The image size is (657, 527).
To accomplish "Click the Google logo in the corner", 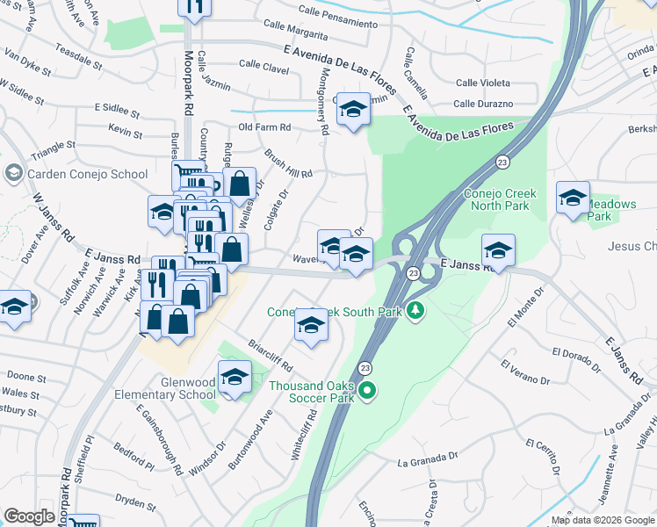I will click(x=29, y=516).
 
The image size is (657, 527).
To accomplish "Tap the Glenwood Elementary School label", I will click(x=165, y=388).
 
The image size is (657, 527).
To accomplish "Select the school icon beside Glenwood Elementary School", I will click(x=235, y=378).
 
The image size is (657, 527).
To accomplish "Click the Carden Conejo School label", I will click(x=88, y=174).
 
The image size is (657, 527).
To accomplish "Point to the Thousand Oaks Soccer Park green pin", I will click(x=368, y=392).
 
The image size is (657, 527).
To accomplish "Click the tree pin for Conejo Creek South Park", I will click(x=417, y=311).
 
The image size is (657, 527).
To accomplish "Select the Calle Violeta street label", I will click(x=484, y=83).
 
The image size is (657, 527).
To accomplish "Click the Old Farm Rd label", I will click(x=264, y=127).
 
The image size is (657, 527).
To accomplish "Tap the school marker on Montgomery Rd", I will click(x=353, y=110).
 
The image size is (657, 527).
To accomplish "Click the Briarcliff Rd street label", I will click(x=270, y=354).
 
